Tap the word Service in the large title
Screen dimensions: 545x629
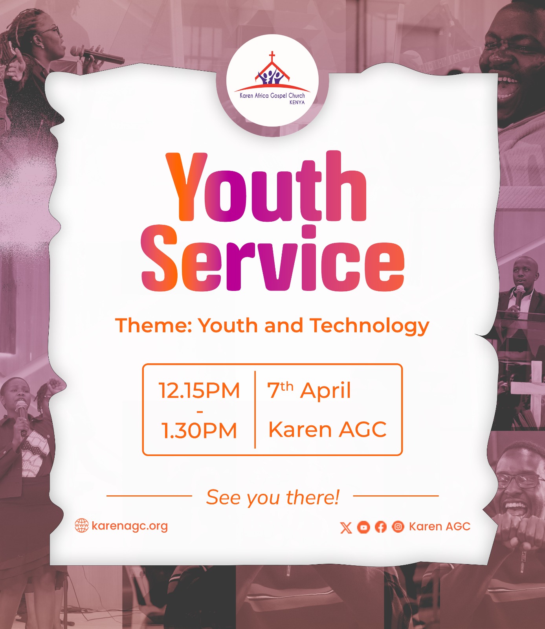click(273, 258)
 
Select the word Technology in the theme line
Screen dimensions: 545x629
click(369, 326)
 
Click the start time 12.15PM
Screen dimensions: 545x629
click(199, 390)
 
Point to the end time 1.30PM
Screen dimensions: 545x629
click(199, 430)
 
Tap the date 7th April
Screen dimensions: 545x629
click(309, 390)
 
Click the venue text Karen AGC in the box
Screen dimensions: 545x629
click(327, 429)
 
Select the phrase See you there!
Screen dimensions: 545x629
click(273, 497)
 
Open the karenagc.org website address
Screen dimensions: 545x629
click(130, 526)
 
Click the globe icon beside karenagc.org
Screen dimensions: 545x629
click(82, 526)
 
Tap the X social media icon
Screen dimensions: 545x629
click(346, 527)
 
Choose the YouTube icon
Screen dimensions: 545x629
click(363, 527)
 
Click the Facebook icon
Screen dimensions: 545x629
click(381, 527)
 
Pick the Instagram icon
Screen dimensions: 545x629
click(398, 526)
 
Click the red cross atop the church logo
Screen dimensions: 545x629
click(272, 56)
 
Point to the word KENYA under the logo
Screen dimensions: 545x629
click(297, 102)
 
